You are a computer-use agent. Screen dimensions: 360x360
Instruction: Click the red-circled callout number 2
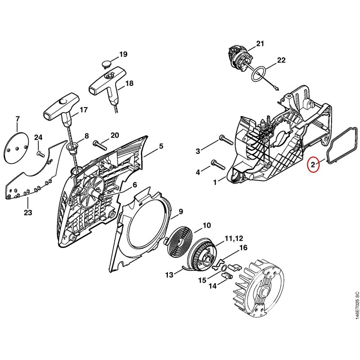(313, 164)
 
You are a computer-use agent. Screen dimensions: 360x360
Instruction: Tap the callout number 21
(260, 43)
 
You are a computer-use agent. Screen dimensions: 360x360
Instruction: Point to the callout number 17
(84, 110)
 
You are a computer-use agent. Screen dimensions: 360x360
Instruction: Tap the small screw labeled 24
(40, 153)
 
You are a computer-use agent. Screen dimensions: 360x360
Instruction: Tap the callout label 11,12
(234, 238)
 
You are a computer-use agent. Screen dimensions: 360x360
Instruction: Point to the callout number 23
(28, 212)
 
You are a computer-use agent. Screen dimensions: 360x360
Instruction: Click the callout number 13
(170, 274)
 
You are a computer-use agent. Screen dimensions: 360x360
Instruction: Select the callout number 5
(161, 146)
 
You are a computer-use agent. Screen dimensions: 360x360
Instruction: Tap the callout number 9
(181, 211)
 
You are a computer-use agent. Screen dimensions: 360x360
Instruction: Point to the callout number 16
(243, 248)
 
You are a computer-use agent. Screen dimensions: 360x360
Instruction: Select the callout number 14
(212, 286)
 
